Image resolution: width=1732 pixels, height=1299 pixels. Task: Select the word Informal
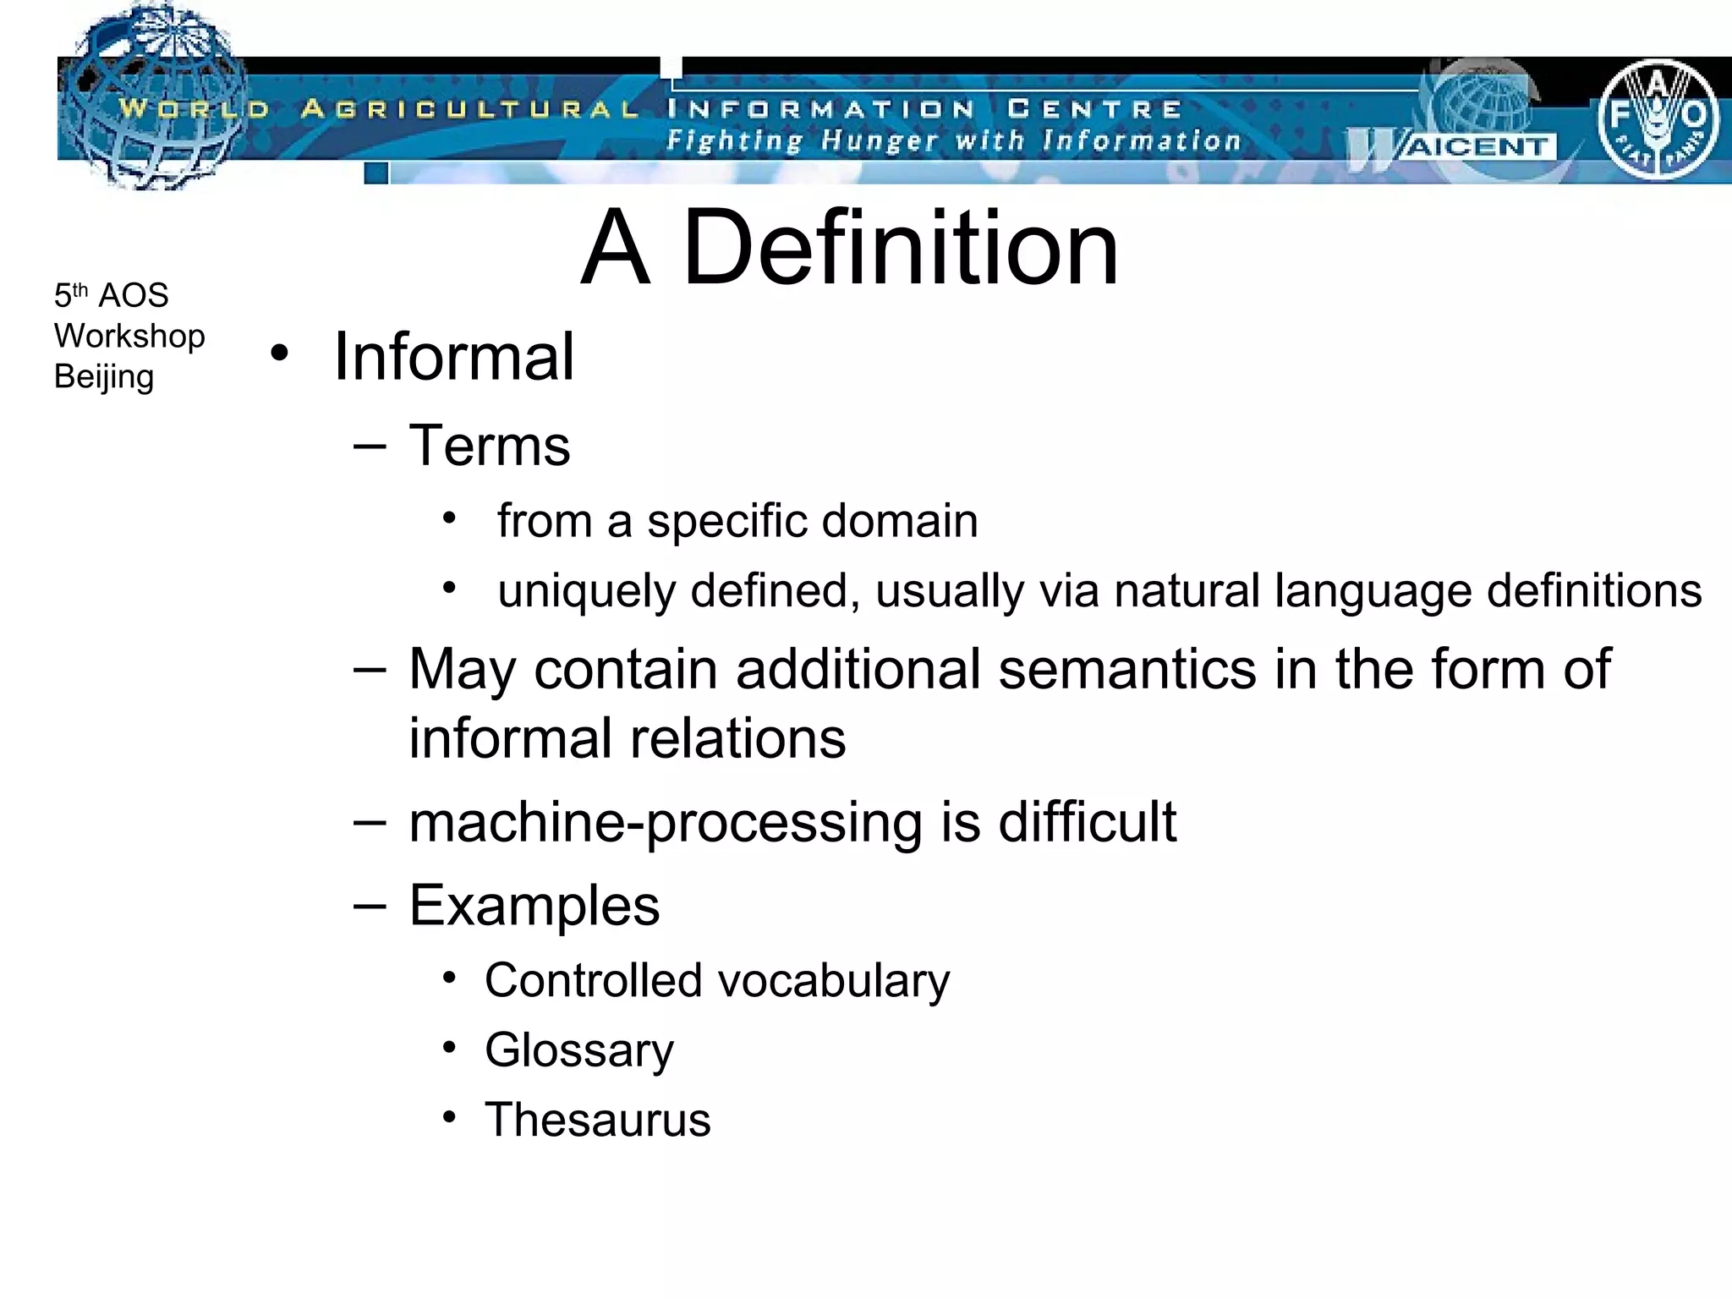pos(454,357)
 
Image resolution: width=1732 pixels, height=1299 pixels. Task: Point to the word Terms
pos(490,446)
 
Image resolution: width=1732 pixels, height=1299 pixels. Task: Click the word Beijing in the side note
pos(104,377)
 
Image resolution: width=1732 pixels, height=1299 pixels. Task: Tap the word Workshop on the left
pos(129,337)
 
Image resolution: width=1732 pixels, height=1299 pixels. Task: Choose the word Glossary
pos(579,1050)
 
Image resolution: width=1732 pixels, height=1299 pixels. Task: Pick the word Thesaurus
pos(597,1120)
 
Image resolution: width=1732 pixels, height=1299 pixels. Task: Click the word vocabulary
pos(833,981)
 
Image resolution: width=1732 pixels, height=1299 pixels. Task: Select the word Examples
pos(534,906)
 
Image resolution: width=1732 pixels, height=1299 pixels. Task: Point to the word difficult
pos(1087,822)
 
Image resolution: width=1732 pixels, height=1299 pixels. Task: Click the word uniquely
pos(586,591)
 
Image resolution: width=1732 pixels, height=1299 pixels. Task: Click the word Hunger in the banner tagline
pos(880,140)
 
